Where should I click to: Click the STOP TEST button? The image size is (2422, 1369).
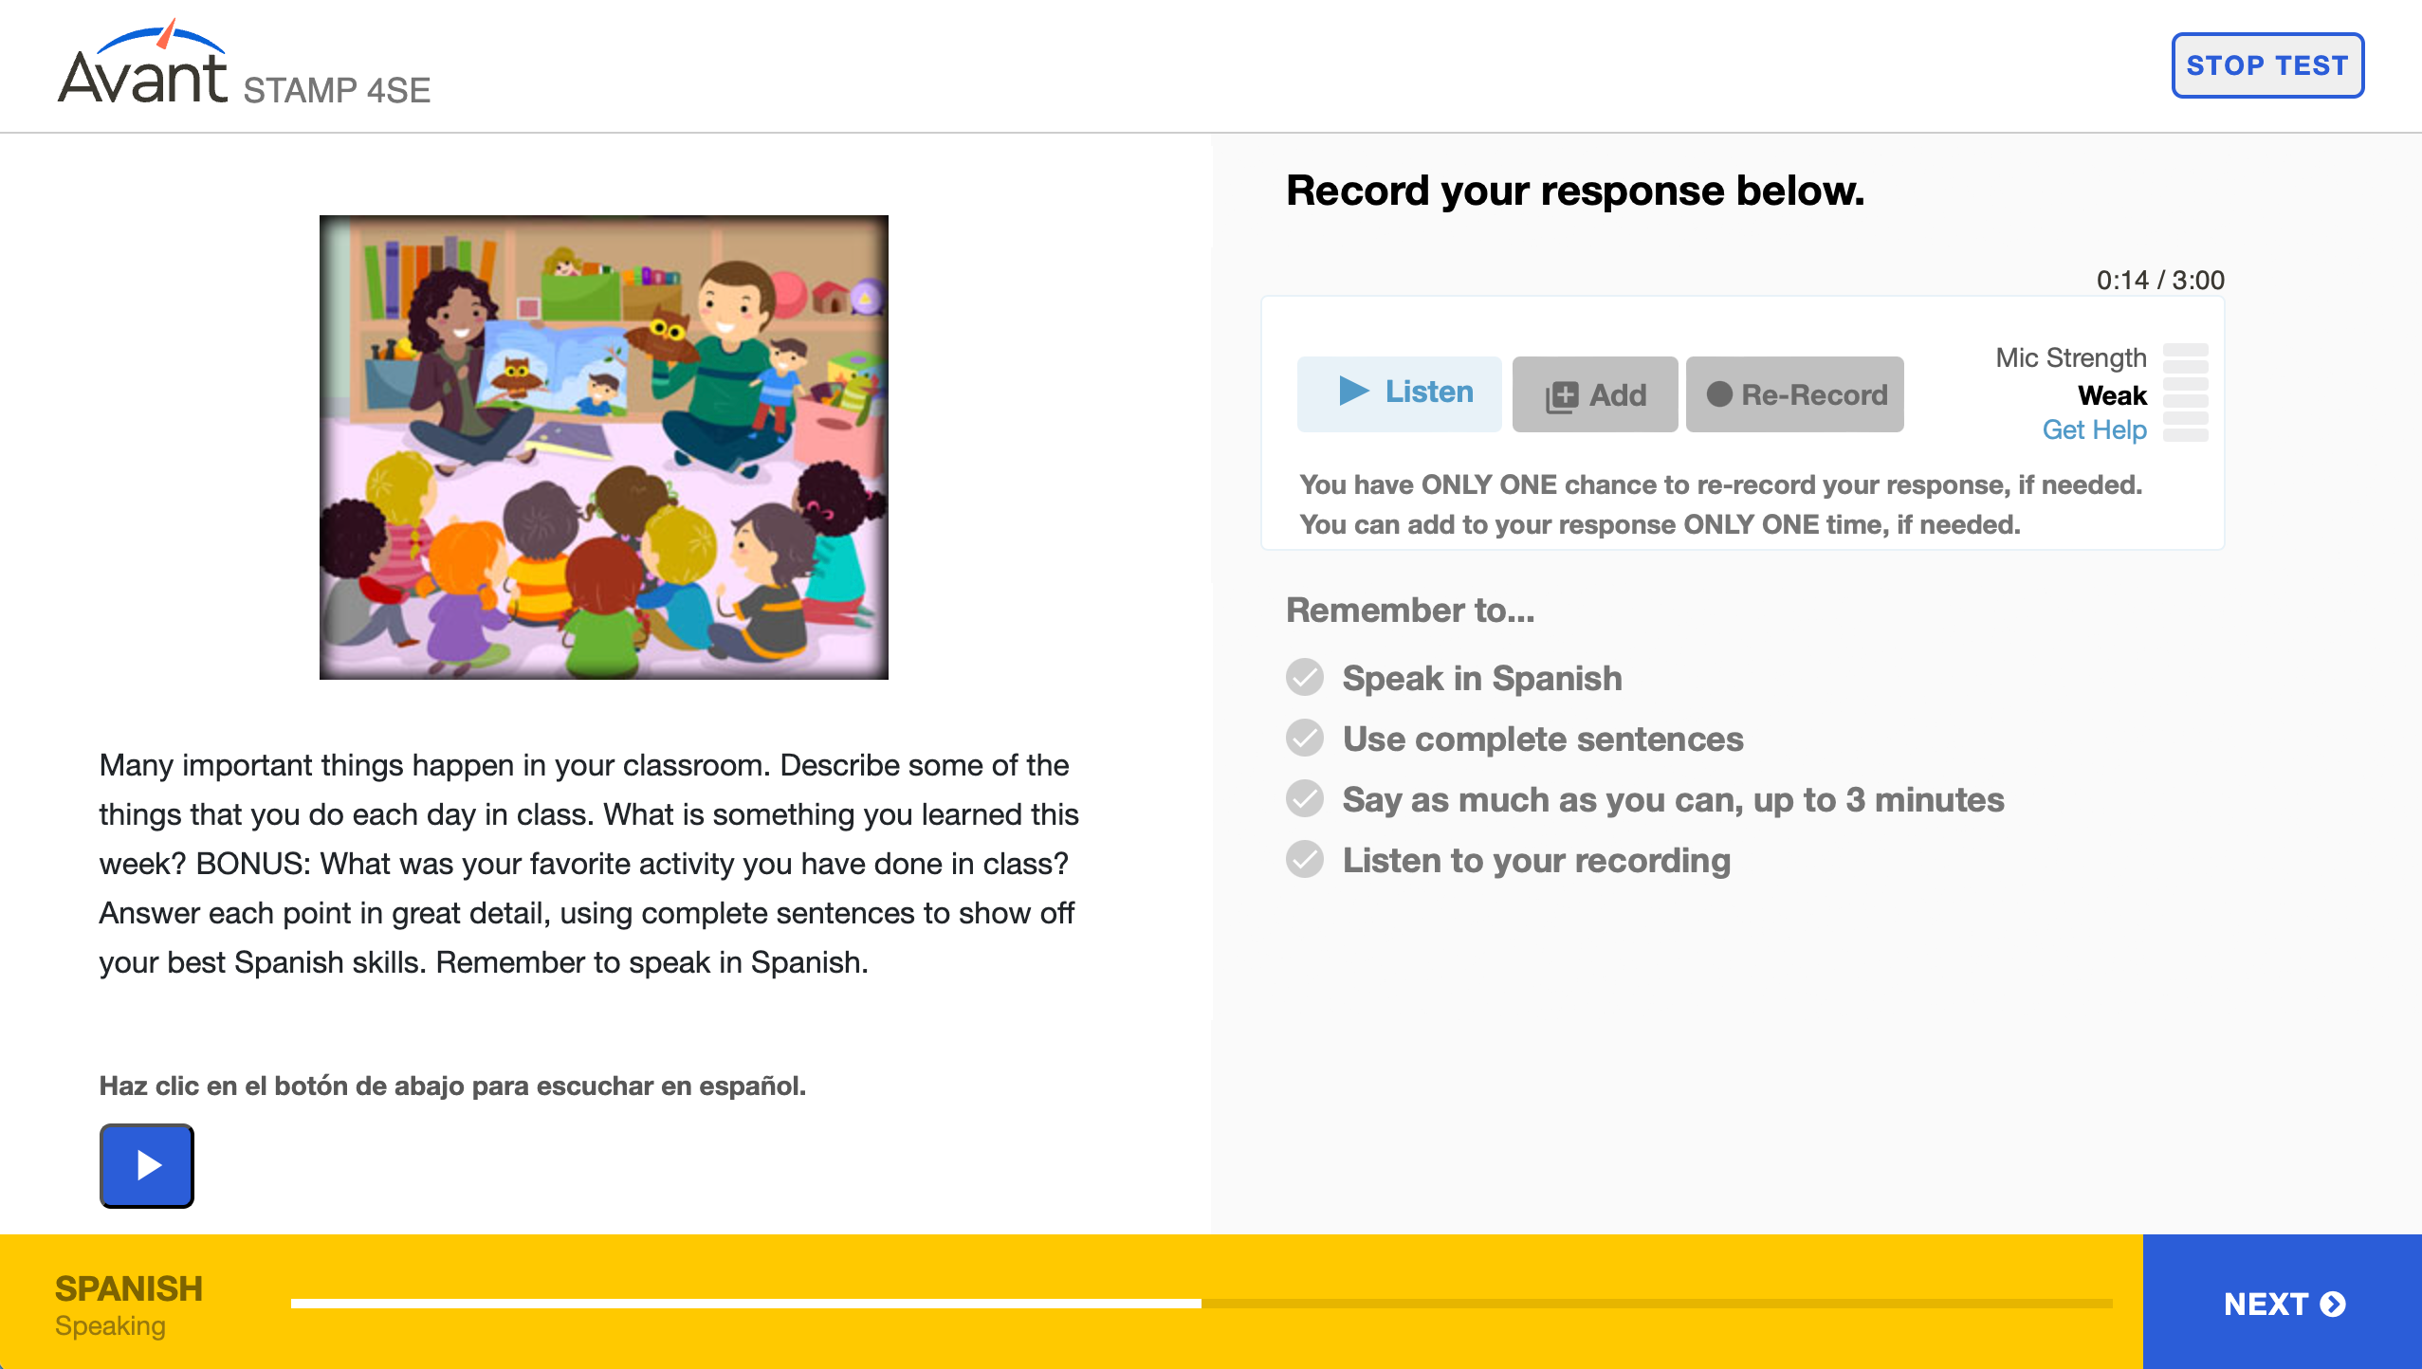2267,65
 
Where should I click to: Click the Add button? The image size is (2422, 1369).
1595,394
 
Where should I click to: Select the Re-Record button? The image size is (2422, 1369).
1795,394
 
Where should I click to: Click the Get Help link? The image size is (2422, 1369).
2094,429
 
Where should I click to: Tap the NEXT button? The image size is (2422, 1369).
2283,1303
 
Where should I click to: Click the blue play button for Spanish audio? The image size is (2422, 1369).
147,1165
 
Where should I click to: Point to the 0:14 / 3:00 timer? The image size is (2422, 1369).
2160,280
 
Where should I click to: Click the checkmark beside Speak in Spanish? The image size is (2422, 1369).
1305,678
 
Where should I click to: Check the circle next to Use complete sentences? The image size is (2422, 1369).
1305,739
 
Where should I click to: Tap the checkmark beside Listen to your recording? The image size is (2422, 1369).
1305,860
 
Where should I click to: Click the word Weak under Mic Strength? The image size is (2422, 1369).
2112,394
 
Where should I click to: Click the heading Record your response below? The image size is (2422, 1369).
1575,191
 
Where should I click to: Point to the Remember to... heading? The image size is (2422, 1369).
1410,610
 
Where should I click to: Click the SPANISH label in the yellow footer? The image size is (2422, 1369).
129,1288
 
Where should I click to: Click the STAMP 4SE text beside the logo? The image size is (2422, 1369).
337,90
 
